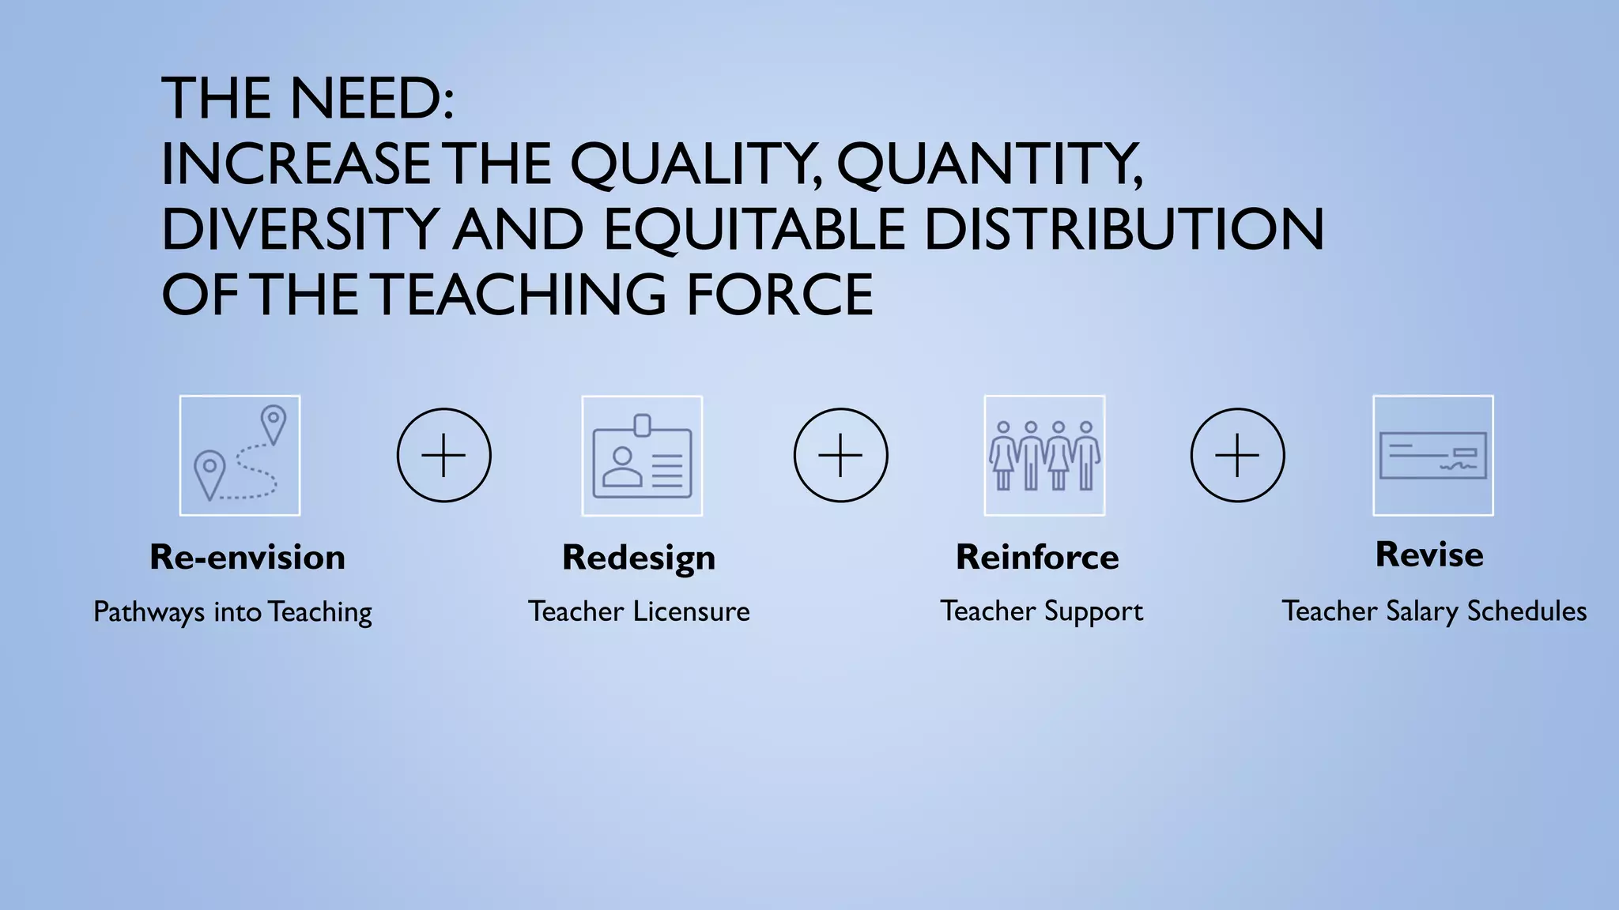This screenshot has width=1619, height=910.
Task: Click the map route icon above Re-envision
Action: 240,456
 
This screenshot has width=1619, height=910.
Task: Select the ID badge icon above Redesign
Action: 642,456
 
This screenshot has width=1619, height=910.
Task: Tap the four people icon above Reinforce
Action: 1044,456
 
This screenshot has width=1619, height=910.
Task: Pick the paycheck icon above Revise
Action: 1432,456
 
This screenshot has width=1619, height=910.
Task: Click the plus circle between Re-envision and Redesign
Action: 443,455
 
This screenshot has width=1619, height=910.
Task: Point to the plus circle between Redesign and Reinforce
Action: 840,455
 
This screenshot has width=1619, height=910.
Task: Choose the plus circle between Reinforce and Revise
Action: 1237,455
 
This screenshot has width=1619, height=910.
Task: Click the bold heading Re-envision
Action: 247,558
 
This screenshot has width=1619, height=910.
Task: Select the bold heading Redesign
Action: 639,558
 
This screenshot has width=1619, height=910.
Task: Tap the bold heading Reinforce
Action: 1037,558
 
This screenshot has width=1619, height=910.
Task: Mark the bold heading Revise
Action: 1429,555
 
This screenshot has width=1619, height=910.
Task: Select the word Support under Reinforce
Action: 1093,611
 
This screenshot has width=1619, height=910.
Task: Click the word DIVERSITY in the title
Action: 300,230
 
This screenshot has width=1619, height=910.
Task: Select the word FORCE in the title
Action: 779,295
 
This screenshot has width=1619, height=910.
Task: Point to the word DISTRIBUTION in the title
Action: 1123,230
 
